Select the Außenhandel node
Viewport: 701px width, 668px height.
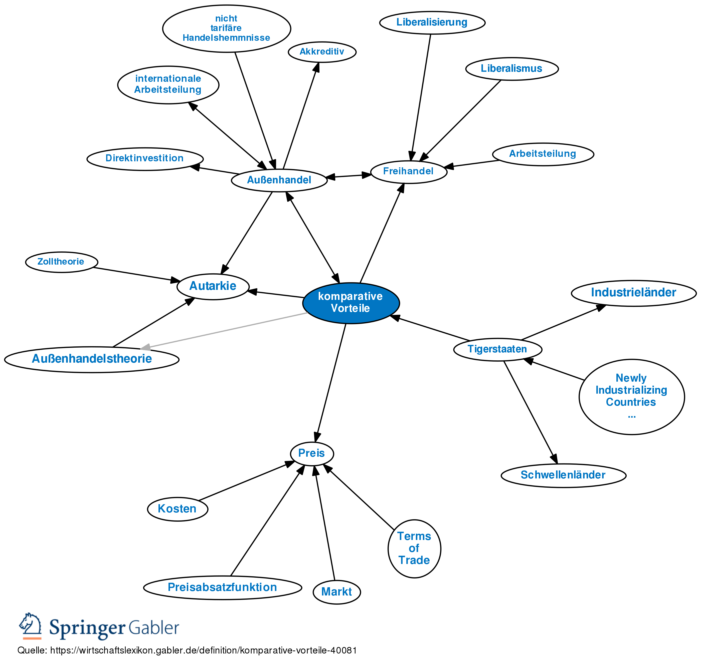(279, 180)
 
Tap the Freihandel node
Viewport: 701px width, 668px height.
(408, 172)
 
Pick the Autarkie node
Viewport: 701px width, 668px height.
(213, 286)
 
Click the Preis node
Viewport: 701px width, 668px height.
(312, 453)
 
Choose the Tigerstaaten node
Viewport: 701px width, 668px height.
(497, 349)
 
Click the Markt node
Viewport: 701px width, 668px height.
(336, 592)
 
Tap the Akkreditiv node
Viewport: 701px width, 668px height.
(322, 52)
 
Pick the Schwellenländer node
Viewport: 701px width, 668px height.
(563, 475)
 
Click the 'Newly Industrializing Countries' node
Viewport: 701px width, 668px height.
(631, 396)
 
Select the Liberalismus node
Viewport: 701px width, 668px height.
(511, 69)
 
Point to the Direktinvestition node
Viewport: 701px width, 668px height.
(145, 159)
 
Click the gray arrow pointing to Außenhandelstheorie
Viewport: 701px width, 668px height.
(225, 330)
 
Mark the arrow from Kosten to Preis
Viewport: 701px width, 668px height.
(246, 481)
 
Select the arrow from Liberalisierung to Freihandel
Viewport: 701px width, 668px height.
(421, 96)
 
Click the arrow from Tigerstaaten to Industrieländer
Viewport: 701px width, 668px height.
(563, 323)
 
